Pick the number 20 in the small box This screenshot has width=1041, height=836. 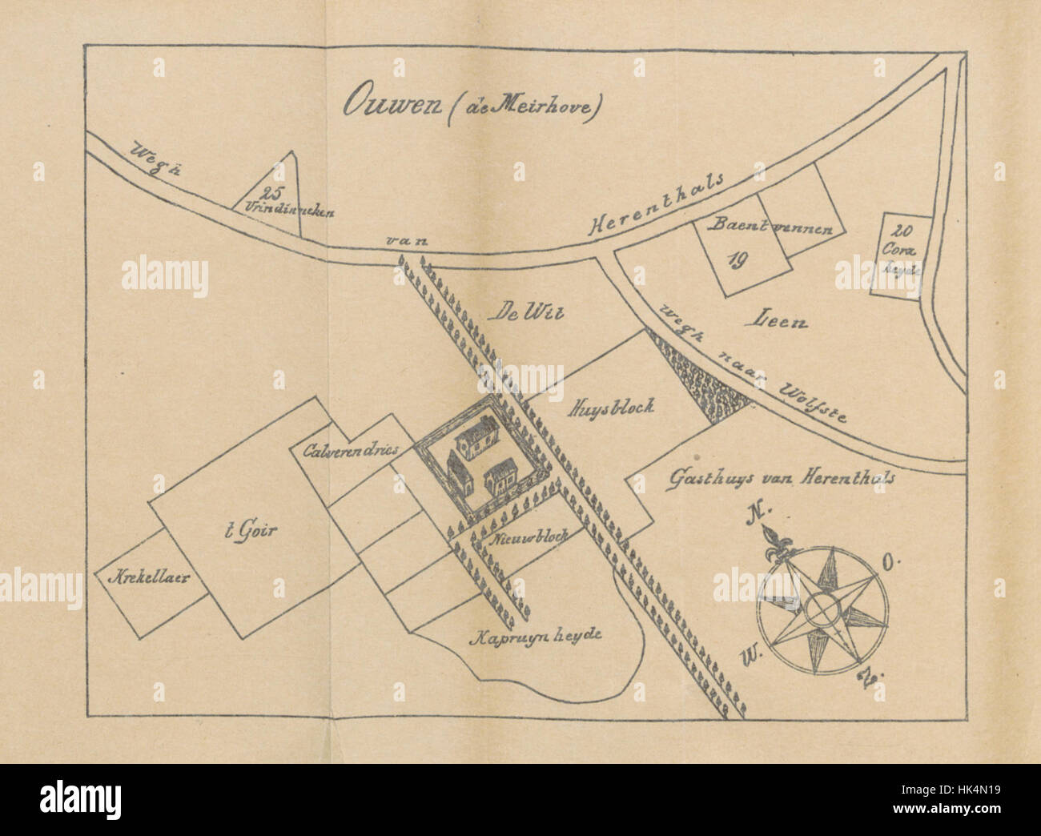[x=901, y=231]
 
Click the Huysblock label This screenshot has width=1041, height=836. [x=612, y=406]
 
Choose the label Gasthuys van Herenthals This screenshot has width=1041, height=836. [x=781, y=477]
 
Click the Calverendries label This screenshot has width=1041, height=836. [x=351, y=450]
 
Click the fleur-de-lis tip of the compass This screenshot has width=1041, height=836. [x=776, y=545]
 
